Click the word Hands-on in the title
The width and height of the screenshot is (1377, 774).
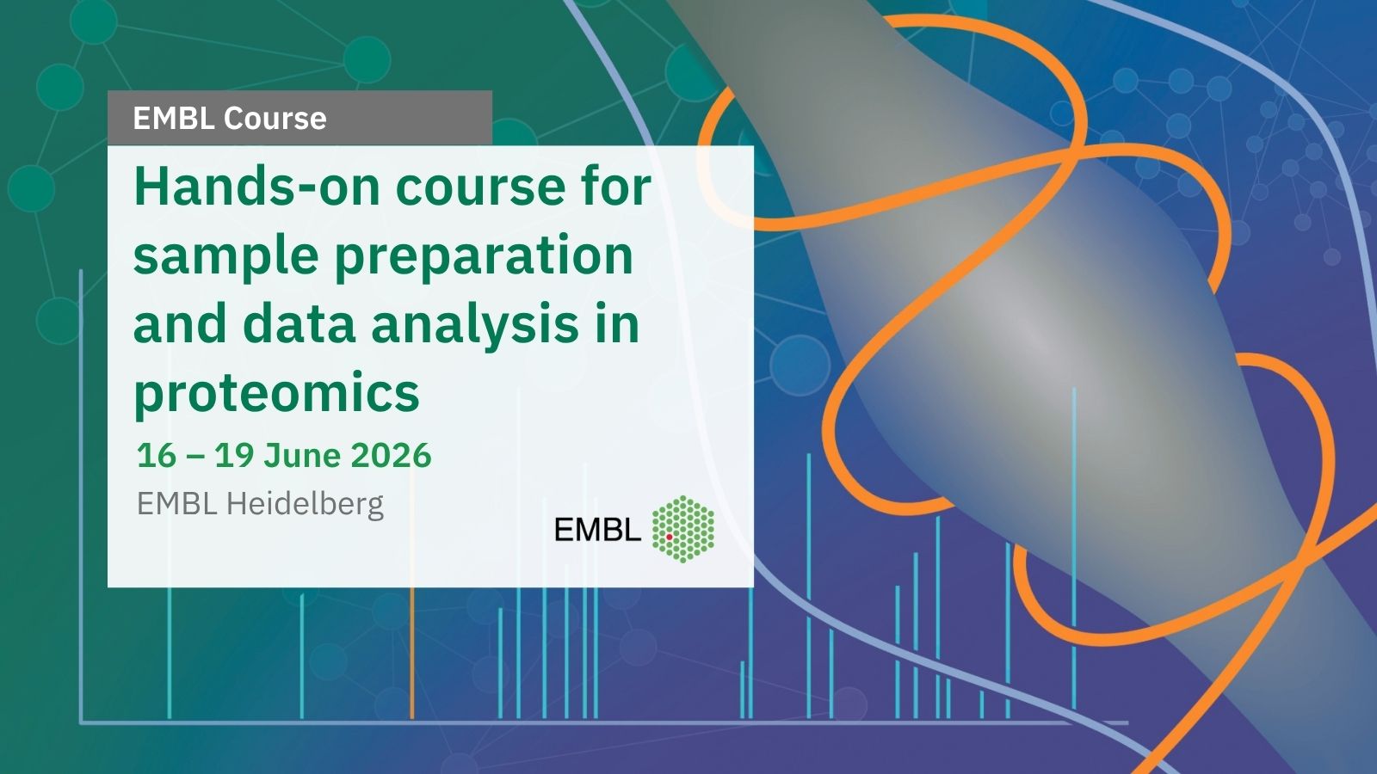[256, 187]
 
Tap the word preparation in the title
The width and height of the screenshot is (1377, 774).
[484, 257]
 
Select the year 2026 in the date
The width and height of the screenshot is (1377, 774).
[391, 455]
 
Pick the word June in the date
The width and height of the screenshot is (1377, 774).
[302, 455]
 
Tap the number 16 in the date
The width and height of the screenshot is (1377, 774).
[157, 455]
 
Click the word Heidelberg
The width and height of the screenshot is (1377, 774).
[305, 504]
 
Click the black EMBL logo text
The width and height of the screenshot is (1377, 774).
[597, 529]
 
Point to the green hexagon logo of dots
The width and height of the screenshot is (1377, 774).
[683, 529]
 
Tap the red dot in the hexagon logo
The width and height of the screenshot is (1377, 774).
[669, 537]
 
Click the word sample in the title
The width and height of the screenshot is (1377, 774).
[225, 257]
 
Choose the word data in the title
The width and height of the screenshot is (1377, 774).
[299, 323]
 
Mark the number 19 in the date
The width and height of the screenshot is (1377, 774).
[234, 455]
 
